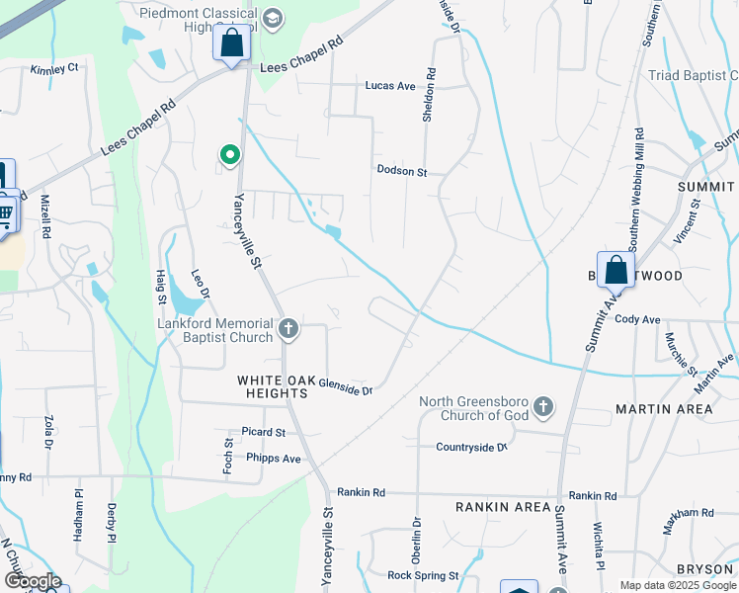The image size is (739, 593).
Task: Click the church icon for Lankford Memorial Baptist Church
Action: pyautogui.click(x=288, y=329)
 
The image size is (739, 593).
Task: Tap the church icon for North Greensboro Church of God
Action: pyautogui.click(x=542, y=406)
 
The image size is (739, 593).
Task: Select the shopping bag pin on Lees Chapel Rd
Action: pyautogui.click(x=231, y=44)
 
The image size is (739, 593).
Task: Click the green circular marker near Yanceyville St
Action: pyautogui.click(x=230, y=155)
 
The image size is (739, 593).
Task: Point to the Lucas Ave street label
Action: pyautogui.click(x=390, y=86)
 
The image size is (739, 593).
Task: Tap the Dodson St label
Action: pyautogui.click(x=401, y=171)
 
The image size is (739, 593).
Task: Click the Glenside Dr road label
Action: pyautogui.click(x=345, y=390)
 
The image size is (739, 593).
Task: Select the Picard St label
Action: pyautogui.click(x=263, y=433)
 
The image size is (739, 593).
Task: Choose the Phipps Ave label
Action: pyautogui.click(x=275, y=459)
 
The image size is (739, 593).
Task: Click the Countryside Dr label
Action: pyautogui.click(x=471, y=447)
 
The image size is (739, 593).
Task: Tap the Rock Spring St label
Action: pyautogui.click(x=423, y=575)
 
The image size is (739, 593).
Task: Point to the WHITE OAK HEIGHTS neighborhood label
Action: pyautogui.click(x=273, y=386)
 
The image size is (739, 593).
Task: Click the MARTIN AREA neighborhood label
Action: pyautogui.click(x=664, y=408)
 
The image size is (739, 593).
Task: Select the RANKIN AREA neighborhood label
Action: pyautogui.click(x=502, y=507)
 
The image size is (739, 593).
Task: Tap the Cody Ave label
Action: pyautogui.click(x=637, y=319)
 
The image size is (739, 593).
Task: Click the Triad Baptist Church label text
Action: pyautogui.click(x=693, y=76)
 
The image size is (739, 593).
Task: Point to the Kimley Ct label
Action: pyautogui.click(x=53, y=69)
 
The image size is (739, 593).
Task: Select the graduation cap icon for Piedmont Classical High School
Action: pyautogui.click(x=274, y=18)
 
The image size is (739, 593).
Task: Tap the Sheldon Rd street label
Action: pyautogui.click(x=429, y=95)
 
